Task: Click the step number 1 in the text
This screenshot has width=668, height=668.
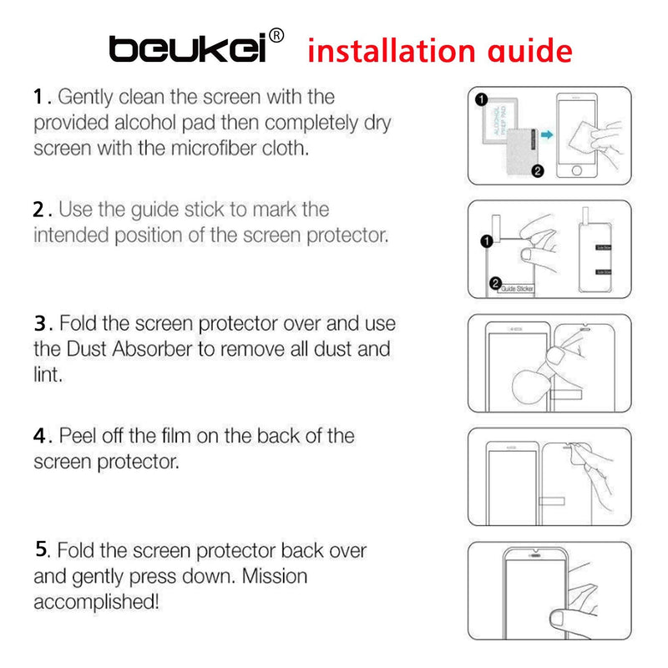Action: click(38, 97)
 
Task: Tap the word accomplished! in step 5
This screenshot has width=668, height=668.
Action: click(96, 601)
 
